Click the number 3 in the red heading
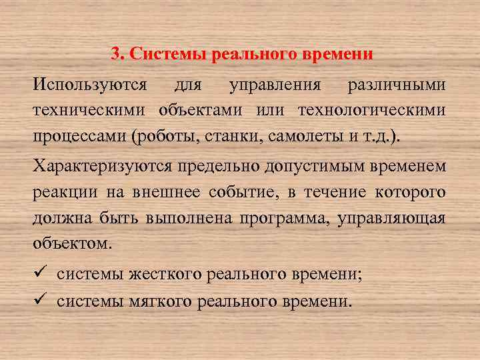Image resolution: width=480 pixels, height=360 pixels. (115, 54)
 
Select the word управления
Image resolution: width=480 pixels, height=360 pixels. (275, 86)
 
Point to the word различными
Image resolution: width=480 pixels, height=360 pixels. (396, 86)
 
